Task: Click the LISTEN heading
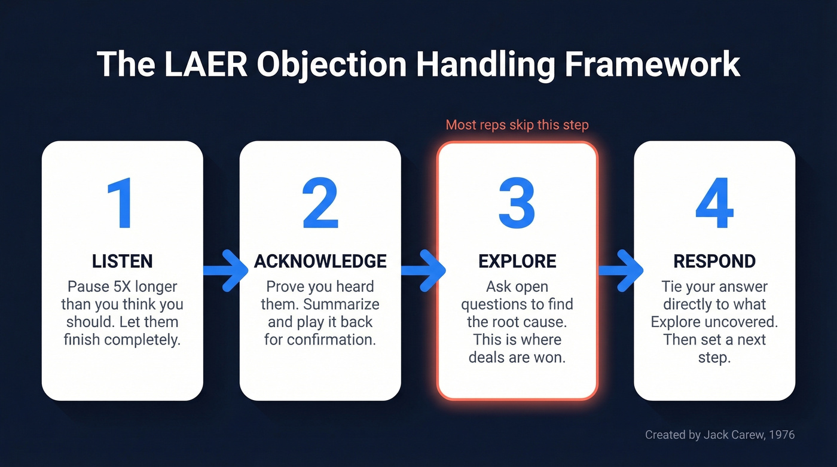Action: click(122, 261)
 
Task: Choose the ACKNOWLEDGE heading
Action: click(320, 261)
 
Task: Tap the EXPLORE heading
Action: click(517, 261)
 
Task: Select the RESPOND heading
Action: click(714, 261)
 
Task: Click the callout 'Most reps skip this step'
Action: click(517, 125)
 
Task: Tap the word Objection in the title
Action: click(332, 64)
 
